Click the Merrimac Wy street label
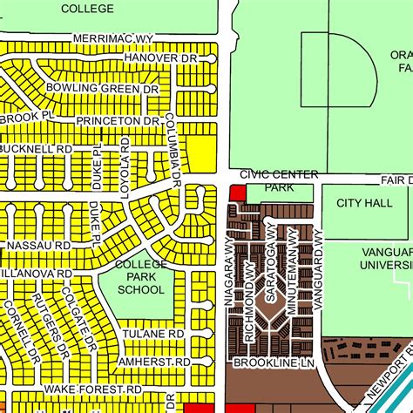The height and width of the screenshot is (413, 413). (114, 38)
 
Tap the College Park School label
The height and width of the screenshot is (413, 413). (140, 278)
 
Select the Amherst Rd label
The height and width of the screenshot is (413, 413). (157, 361)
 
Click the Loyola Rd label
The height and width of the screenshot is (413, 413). (125, 159)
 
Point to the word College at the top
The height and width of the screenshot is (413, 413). (87, 9)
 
